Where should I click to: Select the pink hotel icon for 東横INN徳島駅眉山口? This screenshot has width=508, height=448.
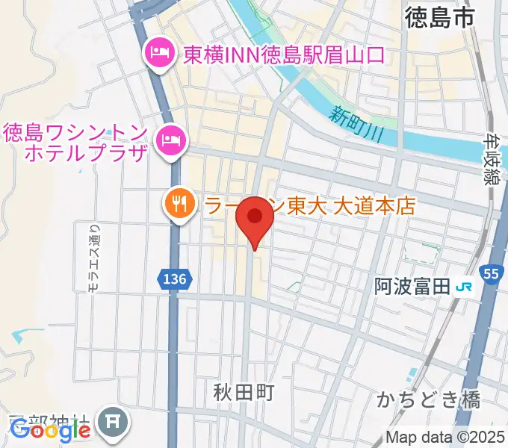pos(159,54)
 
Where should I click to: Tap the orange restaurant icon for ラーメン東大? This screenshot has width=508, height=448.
pos(179,202)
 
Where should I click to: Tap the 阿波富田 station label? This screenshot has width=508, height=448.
pos(412,285)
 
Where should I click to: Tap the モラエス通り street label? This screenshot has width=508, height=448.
pos(93,259)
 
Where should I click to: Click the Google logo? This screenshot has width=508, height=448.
pos(50,431)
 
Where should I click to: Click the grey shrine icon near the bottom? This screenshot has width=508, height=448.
pos(114,423)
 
